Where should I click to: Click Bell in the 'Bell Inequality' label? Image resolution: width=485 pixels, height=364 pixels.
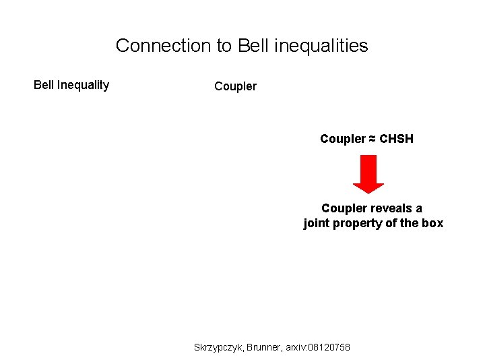(44, 85)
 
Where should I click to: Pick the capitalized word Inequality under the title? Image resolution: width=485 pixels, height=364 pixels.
(83, 85)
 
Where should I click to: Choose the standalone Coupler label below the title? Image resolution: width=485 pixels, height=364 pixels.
(235, 86)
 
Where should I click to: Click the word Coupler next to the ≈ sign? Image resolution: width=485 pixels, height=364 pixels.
(342, 139)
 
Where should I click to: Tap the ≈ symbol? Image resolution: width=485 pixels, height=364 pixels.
(372, 139)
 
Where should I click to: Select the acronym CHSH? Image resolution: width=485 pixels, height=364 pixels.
(397, 139)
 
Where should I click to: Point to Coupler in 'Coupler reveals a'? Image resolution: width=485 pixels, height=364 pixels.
(344, 208)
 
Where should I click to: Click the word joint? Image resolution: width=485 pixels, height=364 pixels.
(316, 224)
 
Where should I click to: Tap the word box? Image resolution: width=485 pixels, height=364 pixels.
(432, 224)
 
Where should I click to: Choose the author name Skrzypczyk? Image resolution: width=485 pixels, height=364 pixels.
(218, 347)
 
